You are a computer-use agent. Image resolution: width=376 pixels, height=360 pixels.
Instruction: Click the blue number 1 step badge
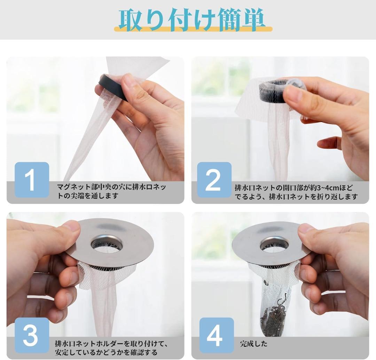[x=32, y=180]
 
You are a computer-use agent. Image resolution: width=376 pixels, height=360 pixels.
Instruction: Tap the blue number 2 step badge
[x=214, y=180]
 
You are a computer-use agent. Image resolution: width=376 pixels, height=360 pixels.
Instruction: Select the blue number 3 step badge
[x=32, y=336]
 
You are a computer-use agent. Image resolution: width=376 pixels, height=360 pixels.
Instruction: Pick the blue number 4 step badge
[x=217, y=336]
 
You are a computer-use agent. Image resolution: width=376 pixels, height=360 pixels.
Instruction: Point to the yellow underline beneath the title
[x=193, y=29]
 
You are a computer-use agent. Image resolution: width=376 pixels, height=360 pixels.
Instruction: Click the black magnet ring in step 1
[x=113, y=87]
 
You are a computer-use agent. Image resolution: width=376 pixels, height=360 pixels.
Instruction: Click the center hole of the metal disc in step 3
[x=107, y=245]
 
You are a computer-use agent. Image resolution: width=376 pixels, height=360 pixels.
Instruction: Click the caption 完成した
[x=254, y=344]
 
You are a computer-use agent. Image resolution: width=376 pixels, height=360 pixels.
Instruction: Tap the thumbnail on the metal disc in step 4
[x=306, y=228]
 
